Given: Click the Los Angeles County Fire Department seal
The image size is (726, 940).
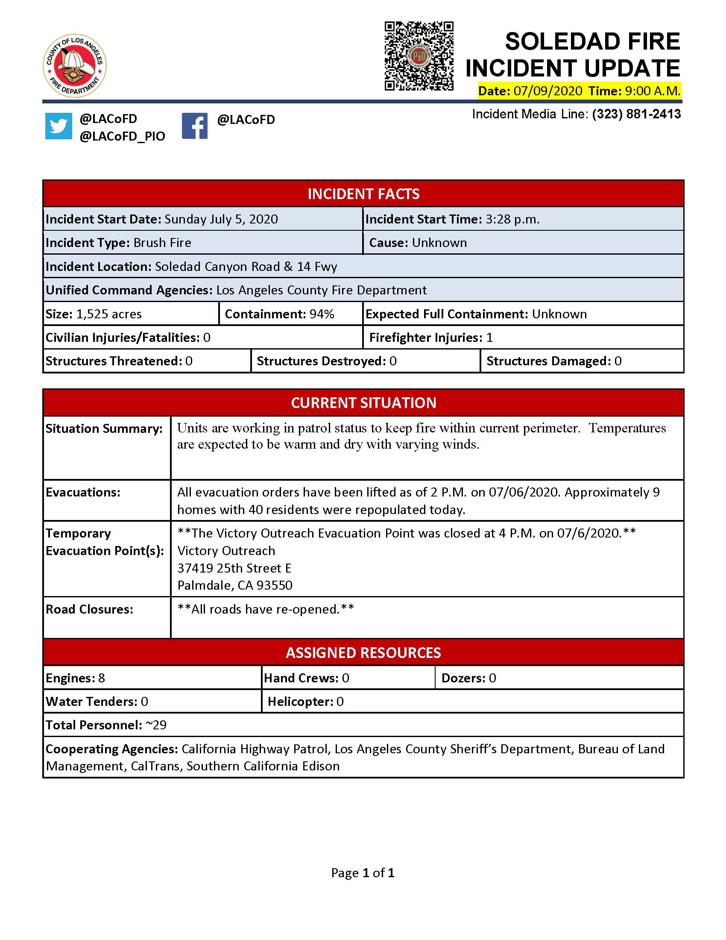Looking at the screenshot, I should tap(74, 65).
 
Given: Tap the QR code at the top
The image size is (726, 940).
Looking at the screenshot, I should tap(419, 56).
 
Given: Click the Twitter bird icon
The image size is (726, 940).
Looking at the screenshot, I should tap(59, 126).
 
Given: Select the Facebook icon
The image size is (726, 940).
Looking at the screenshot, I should tap(194, 126).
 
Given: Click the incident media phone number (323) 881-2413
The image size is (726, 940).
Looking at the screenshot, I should tap(636, 114).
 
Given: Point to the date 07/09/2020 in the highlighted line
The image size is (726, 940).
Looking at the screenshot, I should tap(547, 91).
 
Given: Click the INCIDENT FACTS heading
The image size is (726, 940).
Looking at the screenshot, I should tap(363, 194).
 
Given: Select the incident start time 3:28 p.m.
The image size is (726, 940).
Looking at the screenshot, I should tap(512, 220).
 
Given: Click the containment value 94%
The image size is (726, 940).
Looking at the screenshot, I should tap(322, 314).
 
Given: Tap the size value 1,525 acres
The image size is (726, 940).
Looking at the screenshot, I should tap(109, 314).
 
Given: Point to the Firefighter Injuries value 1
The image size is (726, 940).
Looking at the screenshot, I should tap(489, 338).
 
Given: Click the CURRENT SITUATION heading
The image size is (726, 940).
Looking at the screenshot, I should tap(363, 403).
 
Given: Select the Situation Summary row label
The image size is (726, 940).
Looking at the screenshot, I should tap(104, 429).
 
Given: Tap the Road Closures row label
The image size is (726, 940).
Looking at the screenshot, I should tap(89, 609).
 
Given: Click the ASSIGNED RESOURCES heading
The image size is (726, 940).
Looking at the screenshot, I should tap(363, 653).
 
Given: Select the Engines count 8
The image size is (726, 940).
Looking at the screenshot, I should tap(102, 679).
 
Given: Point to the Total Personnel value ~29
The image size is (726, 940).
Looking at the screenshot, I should tap(156, 725).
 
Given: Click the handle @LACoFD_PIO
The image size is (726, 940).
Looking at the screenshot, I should tap(122, 136).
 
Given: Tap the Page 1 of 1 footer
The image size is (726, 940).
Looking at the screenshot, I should tap(363, 873).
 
